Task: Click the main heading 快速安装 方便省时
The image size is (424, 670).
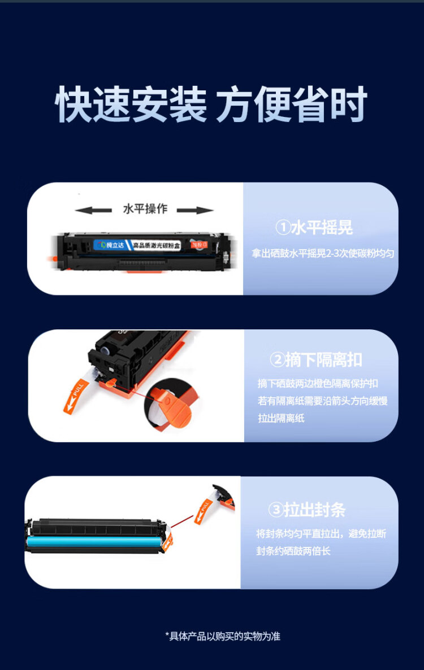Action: tap(211, 105)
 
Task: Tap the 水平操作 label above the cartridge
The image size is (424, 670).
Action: tap(145, 208)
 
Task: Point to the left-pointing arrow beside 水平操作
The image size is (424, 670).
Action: tap(93, 210)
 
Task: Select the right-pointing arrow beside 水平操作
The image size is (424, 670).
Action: tap(195, 210)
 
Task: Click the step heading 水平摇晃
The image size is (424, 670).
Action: tap(322, 228)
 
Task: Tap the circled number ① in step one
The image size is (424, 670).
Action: tap(283, 228)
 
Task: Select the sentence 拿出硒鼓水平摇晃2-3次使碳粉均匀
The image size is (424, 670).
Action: tap(323, 254)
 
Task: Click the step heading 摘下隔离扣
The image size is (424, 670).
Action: tap(324, 360)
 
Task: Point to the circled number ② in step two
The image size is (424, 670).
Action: tap(277, 360)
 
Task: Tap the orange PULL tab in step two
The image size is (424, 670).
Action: tap(74, 396)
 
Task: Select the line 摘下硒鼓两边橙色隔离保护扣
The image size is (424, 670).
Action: tap(318, 384)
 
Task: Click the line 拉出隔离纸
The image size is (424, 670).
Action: tap(281, 419)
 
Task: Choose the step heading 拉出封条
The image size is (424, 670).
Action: tap(314, 510)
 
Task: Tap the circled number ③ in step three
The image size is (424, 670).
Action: tap(275, 510)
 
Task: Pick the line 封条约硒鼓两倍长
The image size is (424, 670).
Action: tap(293, 551)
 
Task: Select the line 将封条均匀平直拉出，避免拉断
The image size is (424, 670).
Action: tap(321, 533)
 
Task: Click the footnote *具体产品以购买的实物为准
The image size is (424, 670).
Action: tap(223, 636)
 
